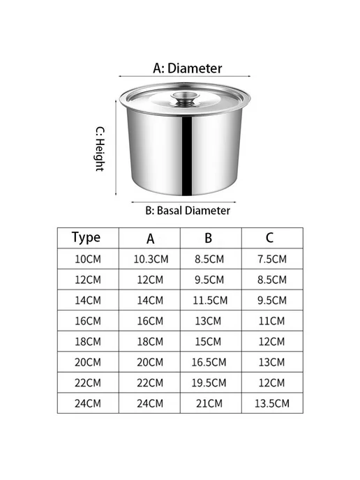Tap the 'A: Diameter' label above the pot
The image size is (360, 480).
click(188, 68)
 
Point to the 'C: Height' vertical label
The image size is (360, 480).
click(100, 149)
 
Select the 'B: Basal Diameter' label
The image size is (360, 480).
click(188, 211)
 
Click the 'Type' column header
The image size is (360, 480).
click(86, 237)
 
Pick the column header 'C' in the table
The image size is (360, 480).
click(269, 238)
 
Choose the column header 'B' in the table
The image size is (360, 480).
click(208, 238)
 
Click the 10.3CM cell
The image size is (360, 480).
click(151, 260)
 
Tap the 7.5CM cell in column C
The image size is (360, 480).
click(272, 260)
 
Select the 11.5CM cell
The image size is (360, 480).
click(210, 300)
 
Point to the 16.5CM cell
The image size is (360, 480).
click(209, 363)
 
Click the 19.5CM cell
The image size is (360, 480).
click(209, 383)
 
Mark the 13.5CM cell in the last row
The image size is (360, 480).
click(272, 403)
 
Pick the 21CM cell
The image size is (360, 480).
click(209, 403)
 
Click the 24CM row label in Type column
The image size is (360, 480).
click(88, 403)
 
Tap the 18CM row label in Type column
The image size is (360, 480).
click(88, 342)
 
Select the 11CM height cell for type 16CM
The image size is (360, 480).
click(271, 321)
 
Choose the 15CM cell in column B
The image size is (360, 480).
click(208, 342)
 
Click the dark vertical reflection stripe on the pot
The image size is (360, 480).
click(187, 156)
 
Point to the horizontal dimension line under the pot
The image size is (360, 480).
click(183, 202)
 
